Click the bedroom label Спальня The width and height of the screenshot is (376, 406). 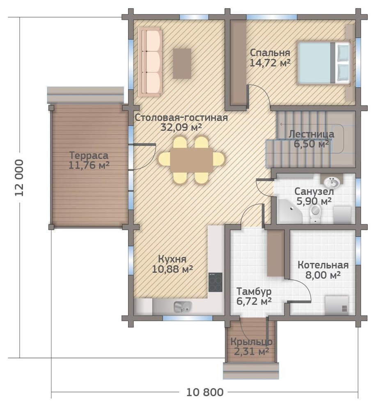tap(270, 52)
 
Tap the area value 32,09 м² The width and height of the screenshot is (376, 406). tap(181, 128)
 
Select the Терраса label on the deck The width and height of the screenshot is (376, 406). tap(89, 155)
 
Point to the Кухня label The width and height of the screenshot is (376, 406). tap(172, 259)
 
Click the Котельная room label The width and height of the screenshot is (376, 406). tap(323, 265)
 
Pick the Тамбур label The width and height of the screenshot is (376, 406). tap(254, 291)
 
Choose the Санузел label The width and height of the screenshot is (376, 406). tap(314, 192)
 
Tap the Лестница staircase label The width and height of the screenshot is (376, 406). tap(311, 134)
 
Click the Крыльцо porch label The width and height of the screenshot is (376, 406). tap(251, 342)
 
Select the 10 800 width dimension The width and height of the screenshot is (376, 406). tap(205, 392)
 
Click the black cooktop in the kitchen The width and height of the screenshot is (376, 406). tap(216, 282)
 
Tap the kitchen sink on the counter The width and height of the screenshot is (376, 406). tap(183, 307)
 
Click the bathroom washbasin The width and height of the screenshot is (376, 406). tap(332, 182)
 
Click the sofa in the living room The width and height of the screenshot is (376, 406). tap(150, 62)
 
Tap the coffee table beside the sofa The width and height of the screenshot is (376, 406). tap(182, 63)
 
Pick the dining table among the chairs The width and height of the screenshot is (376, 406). tap(192, 160)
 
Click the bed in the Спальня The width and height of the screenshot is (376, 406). tap(324, 63)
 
